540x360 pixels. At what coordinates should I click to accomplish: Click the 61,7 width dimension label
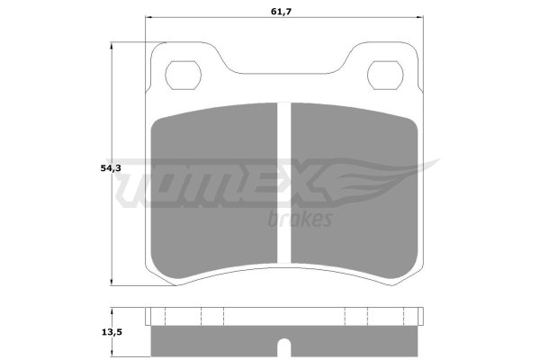281,12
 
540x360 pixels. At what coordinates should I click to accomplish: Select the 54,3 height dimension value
111,168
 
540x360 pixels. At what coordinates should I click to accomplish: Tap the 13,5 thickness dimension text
112,332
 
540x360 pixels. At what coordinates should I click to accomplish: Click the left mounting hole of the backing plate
183,75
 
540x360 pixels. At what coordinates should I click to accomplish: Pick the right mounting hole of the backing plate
385,75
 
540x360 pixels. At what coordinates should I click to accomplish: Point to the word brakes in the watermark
300,219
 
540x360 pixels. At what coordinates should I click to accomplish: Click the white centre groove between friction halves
284,183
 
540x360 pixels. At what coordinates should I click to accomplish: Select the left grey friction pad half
214,191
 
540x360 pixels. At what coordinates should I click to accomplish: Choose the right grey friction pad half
355,191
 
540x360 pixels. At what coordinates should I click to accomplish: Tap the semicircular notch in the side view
284,347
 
